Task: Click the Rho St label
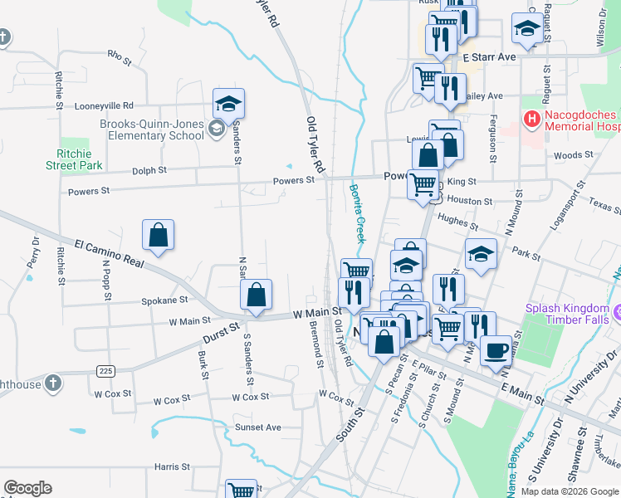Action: [120, 57]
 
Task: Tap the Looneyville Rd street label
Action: [104, 106]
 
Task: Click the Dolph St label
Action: [150, 170]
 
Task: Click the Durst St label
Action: [220, 334]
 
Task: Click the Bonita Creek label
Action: [356, 214]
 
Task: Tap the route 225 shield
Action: [105, 370]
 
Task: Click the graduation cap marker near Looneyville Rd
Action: [228, 104]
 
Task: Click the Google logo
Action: [27, 489]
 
